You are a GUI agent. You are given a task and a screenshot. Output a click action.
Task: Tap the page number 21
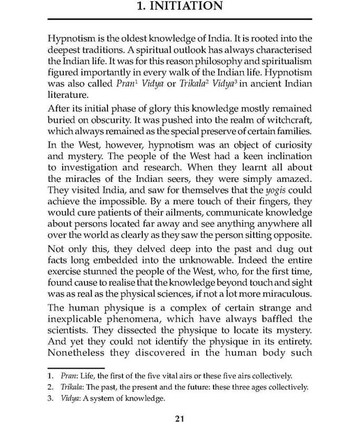(x=179, y=419)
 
